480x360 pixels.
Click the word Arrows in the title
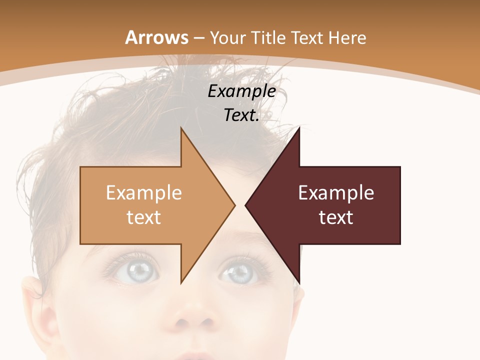click(157, 37)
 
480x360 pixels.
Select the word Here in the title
click(347, 37)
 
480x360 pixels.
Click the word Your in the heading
click(227, 37)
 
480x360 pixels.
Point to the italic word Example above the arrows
click(241, 91)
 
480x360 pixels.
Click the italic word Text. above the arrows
click(241, 115)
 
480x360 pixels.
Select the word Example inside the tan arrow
click(144, 193)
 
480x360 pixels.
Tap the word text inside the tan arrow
click(144, 217)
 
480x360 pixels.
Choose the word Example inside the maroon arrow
click(336, 193)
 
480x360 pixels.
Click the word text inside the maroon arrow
click(336, 217)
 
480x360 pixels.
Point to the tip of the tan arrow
click(234, 205)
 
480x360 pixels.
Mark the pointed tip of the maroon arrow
click(245, 205)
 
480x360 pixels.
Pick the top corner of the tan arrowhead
click(181, 128)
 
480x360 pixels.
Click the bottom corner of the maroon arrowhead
click(299, 282)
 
